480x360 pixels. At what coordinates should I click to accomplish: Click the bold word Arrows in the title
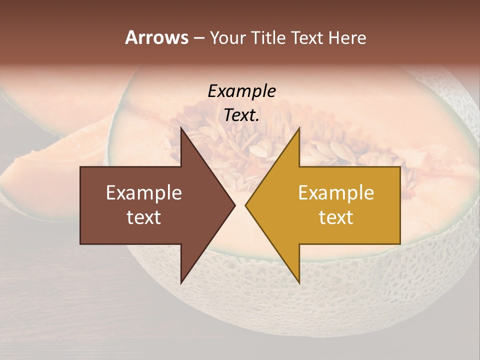tap(156, 37)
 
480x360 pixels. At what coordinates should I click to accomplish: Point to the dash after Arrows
tap(198, 38)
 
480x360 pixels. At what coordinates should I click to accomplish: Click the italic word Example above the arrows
tap(241, 91)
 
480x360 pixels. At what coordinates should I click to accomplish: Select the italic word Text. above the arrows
tap(241, 115)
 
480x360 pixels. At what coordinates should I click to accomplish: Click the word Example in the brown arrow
tap(144, 192)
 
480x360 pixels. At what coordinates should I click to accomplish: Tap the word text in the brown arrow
tap(144, 217)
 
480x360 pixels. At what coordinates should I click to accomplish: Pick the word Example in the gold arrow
tap(336, 192)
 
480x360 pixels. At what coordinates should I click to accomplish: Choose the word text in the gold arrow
tap(336, 217)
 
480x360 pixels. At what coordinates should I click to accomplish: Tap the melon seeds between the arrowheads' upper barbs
tap(240, 145)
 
